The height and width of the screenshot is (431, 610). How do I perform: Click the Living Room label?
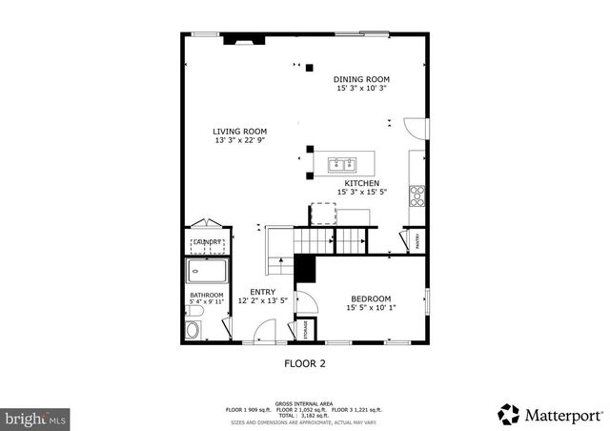(239, 132)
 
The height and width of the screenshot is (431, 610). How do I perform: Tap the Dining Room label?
(361, 79)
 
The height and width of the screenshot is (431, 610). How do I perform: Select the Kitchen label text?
(362, 183)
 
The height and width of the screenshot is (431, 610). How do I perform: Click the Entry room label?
(263, 292)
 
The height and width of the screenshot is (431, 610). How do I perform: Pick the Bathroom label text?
(207, 296)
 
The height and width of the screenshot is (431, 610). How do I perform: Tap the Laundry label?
(208, 243)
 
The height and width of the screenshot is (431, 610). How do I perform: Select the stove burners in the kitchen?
(417, 195)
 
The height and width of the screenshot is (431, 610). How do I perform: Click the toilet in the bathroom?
(193, 331)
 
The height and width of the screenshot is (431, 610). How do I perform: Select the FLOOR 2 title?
(305, 363)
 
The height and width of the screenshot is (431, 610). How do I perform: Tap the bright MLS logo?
(36, 418)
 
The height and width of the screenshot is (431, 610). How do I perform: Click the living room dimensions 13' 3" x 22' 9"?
(239, 141)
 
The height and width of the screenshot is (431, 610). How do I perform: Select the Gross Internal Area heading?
(304, 403)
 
